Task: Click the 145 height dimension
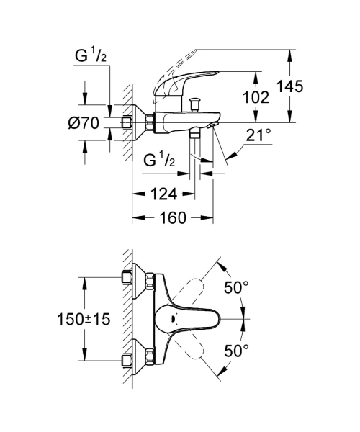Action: tap(289, 86)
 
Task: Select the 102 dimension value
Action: tap(256, 97)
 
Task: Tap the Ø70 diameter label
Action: tap(84, 123)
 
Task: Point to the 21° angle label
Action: tap(258, 135)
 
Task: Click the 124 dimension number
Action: tap(163, 194)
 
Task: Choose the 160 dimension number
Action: tap(173, 218)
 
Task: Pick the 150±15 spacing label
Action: tap(84, 319)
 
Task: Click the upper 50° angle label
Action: tap(236, 287)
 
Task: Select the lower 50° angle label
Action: tap(236, 351)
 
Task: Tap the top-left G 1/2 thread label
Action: tap(90, 55)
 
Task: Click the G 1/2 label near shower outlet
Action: tap(159, 160)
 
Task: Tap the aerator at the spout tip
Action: tap(212, 125)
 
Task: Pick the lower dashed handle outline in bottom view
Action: tap(191, 346)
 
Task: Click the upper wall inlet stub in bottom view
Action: tap(127, 277)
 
